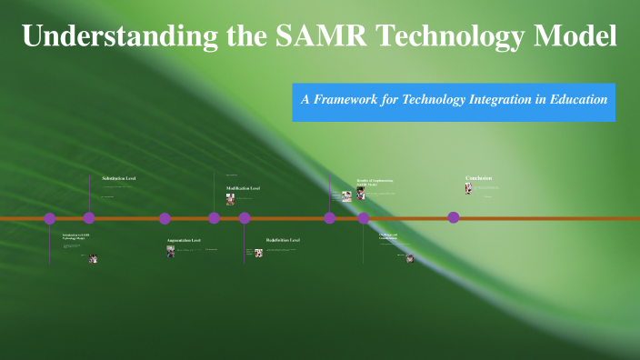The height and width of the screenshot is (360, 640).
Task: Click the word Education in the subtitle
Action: point(575,100)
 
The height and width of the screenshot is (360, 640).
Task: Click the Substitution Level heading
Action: point(119,178)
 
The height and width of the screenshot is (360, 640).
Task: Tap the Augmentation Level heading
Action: point(184,241)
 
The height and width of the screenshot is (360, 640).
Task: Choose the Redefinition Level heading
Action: point(283,240)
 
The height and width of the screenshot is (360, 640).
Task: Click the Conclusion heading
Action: point(479,178)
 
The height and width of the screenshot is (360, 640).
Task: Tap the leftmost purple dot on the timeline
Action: point(50,218)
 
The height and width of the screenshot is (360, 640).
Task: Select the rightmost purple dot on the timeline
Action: point(454,217)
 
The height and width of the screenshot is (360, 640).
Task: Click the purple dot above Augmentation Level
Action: point(165,218)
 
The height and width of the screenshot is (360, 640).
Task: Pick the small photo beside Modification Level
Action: point(231,199)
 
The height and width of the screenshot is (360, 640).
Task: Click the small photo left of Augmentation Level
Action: point(171,251)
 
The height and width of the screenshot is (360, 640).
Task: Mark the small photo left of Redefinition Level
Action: point(258,253)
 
